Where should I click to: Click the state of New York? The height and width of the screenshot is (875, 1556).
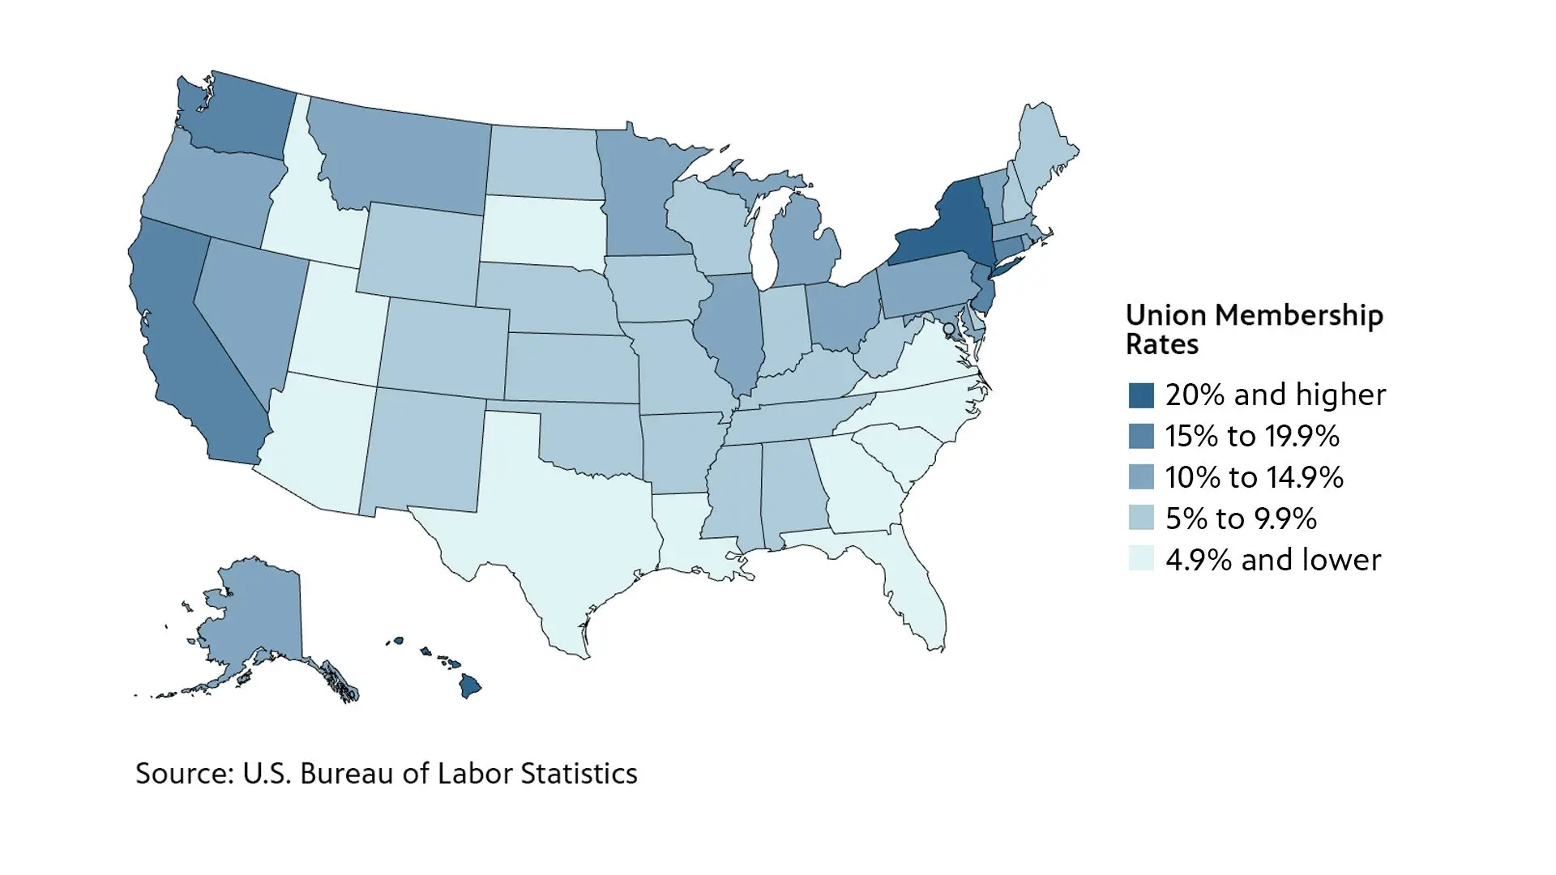pyautogui.click(x=952, y=231)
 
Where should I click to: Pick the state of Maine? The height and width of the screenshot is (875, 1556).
pyautogui.click(x=1045, y=150)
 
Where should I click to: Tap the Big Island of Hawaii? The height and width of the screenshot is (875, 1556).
pyautogui.click(x=470, y=687)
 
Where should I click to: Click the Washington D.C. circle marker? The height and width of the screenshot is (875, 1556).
pyautogui.click(x=948, y=328)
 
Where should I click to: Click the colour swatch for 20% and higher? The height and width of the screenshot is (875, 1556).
pyautogui.click(x=1141, y=395)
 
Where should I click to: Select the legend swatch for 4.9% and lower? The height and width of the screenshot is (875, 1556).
pyautogui.click(x=1141, y=559)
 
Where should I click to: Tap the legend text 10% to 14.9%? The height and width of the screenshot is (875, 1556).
pyautogui.click(x=1254, y=477)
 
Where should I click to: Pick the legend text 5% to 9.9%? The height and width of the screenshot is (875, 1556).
pyautogui.click(x=1241, y=519)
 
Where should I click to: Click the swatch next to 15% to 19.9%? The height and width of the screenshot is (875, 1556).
pyautogui.click(x=1141, y=436)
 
